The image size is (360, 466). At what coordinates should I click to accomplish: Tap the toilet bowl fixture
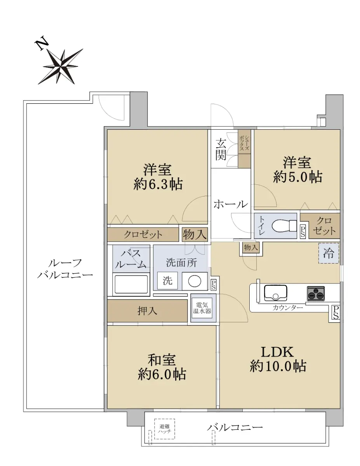(283, 226)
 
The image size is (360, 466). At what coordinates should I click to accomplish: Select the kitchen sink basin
(275, 293)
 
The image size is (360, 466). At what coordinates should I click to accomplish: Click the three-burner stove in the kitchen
(316, 293)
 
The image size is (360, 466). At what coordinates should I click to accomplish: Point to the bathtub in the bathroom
(131, 284)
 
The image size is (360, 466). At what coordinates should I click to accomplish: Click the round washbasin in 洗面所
(195, 281)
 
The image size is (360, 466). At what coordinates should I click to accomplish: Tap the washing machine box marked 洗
(167, 281)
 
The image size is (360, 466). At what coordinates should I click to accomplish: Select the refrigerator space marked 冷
(329, 253)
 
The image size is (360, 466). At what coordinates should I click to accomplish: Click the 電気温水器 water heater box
(202, 308)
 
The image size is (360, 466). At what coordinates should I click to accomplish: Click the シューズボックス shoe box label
(244, 143)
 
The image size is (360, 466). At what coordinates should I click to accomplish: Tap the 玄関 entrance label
(221, 150)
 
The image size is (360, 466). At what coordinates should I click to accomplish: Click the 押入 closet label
(147, 311)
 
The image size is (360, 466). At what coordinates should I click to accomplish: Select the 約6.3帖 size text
(158, 184)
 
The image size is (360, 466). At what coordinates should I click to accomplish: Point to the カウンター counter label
(288, 308)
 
